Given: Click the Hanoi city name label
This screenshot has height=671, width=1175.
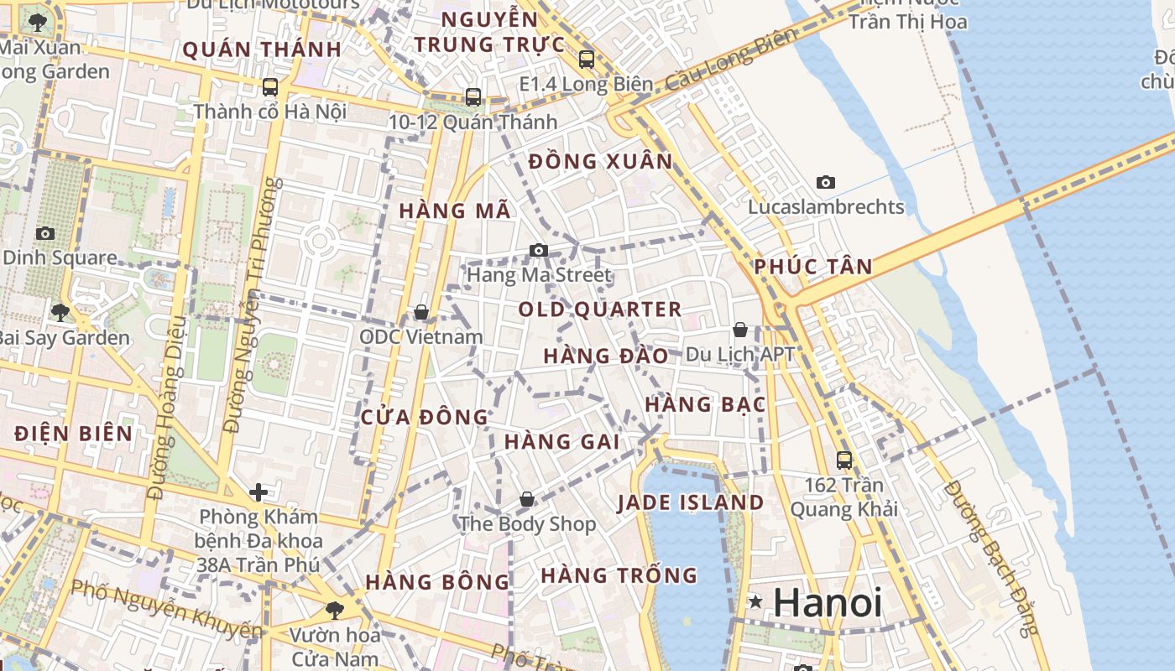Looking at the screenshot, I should (x=827, y=602).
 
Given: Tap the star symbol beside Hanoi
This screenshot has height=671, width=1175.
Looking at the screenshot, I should (x=756, y=601).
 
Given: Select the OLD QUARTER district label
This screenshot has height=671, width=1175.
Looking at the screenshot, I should (x=599, y=309).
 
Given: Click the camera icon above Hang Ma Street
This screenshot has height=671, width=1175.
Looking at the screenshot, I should (x=539, y=250).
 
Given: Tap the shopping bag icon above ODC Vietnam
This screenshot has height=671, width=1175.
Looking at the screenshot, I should (x=421, y=312).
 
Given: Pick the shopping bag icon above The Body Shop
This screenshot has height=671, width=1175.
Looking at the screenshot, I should (x=527, y=499).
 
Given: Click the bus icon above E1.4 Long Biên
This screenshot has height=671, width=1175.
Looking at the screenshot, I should (x=587, y=60).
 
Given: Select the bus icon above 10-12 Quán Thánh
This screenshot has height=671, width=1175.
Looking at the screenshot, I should (x=473, y=97).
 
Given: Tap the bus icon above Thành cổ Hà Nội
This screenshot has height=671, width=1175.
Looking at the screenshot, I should (x=270, y=86).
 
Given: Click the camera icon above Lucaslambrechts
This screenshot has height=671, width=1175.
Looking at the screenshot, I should (x=826, y=182).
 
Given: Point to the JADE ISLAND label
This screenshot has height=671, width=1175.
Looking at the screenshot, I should (x=691, y=503).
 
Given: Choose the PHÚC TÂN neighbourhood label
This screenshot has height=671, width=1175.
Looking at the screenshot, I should (x=812, y=267).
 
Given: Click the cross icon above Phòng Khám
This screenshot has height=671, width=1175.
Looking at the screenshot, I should (x=258, y=492).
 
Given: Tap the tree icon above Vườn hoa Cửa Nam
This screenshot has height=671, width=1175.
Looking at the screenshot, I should (x=335, y=610).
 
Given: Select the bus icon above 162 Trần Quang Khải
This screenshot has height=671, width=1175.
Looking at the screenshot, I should (x=844, y=460).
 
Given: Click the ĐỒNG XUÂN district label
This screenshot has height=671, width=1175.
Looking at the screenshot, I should (x=601, y=161).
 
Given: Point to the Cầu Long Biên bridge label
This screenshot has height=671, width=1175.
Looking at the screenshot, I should (x=729, y=60).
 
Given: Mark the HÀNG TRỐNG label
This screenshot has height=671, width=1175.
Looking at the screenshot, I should (x=619, y=575).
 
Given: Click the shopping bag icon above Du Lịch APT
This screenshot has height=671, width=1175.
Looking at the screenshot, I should (x=740, y=330).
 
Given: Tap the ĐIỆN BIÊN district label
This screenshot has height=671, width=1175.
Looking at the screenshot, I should (x=74, y=434).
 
